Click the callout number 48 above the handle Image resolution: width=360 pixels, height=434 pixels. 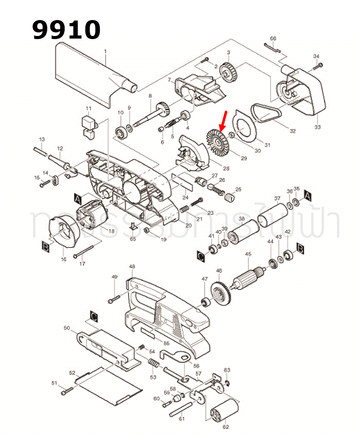132,267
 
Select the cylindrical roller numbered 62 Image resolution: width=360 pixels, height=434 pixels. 224,411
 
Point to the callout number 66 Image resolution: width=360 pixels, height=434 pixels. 273,39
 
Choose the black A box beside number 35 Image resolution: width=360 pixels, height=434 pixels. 308,195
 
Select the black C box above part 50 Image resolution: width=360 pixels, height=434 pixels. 94,315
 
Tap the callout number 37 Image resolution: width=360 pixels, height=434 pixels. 277,199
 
